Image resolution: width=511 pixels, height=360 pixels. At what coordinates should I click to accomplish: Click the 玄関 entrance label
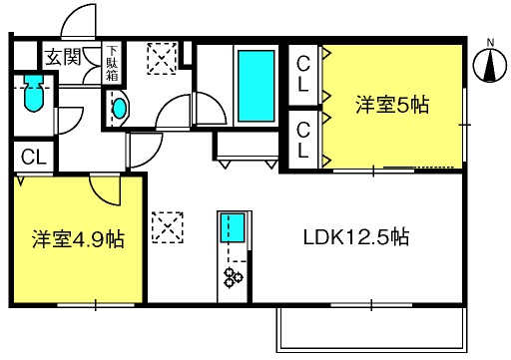(x=63, y=57)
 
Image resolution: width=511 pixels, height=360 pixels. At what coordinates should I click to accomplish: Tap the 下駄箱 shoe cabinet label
(x=112, y=63)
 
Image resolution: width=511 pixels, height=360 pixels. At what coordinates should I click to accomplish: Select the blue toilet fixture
(x=34, y=94)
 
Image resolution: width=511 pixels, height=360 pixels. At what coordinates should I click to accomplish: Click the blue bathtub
(x=256, y=86)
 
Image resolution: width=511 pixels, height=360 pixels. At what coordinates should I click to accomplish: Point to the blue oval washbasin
(x=120, y=109)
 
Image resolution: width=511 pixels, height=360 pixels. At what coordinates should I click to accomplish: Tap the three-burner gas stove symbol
(x=234, y=277)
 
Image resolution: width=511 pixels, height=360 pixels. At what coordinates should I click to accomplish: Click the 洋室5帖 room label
(x=392, y=105)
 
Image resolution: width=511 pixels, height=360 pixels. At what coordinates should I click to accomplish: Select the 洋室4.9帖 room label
(x=78, y=239)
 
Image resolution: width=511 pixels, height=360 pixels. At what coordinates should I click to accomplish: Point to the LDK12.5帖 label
(x=356, y=237)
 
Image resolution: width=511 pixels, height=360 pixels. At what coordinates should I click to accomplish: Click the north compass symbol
(x=490, y=66)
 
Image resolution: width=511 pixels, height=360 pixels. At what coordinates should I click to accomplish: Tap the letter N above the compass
(x=490, y=43)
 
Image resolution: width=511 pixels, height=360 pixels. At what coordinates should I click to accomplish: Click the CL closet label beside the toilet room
(x=33, y=157)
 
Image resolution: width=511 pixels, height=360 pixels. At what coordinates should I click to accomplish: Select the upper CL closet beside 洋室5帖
(x=303, y=74)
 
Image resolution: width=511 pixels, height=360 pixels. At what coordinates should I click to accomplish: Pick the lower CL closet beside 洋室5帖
(x=303, y=140)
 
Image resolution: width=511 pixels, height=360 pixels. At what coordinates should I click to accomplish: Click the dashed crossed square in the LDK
(x=168, y=227)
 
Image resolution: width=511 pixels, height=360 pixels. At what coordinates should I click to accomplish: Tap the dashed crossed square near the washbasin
(x=162, y=59)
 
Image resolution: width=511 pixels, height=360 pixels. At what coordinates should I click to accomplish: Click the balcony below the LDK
(x=372, y=329)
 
